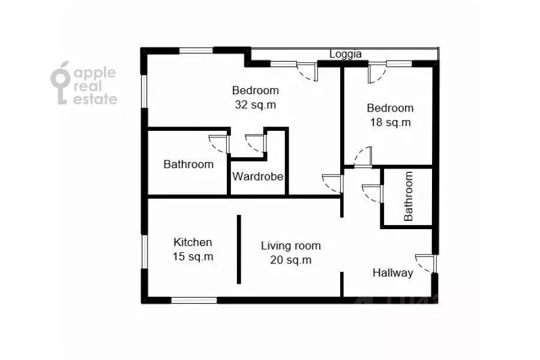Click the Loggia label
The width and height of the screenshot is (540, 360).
coord(346,55)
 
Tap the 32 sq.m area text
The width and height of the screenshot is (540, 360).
coord(256,105)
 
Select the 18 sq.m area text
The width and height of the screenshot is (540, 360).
coord(390,122)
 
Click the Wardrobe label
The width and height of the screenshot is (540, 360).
coord(257,176)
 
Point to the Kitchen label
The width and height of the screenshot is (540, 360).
coord(193,242)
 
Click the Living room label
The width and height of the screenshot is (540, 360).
coord(290,246)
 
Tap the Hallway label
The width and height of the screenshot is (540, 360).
coord(392,273)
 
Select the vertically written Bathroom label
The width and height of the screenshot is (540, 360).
coord(409,196)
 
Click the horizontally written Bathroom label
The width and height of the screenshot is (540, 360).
coord(188,164)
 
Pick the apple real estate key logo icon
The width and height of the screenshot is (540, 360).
coord(61,83)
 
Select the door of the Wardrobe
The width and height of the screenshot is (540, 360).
coord(256,143)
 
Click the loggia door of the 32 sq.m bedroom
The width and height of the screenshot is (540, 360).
coord(307,71)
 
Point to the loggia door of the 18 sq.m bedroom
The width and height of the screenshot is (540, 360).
coord(377,73)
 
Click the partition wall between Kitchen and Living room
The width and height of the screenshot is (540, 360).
coord(239,250)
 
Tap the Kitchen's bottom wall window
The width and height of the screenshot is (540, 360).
coord(194,301)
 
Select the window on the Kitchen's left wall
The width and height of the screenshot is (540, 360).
coord(145,251)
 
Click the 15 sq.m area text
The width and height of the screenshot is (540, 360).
coord(193,257)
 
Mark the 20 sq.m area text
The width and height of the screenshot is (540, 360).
coord(290,260)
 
